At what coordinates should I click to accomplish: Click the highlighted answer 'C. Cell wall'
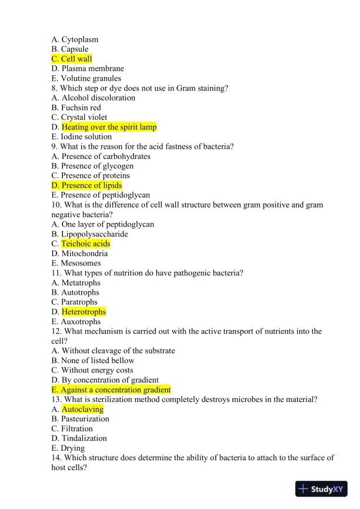tap(72, 59)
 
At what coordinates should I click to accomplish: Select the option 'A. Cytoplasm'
tap(75, 39)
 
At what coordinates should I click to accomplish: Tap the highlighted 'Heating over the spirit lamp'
tap(109, 127)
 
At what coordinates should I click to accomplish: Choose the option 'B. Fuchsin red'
tap(76, 108)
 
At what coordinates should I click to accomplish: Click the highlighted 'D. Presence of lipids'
tap(86, 185)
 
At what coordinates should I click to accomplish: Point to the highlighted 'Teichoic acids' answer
tap(86, 244)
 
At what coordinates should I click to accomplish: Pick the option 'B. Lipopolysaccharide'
tap(89, 234)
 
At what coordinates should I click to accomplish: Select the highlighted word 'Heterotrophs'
tap(84, 312)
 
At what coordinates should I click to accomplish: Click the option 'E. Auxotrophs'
tap(76, 322)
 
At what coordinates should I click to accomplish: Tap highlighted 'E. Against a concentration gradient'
tap(111, 390)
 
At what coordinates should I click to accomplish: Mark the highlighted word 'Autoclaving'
tap(83, 409)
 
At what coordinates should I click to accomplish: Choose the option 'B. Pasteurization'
tap(80, 419)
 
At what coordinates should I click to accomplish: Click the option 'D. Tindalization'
tap(79, 438)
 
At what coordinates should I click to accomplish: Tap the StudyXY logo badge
tap(321, 489)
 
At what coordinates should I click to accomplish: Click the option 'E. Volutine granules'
tap(86, 78)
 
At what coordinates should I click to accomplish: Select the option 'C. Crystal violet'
tap(79, 117)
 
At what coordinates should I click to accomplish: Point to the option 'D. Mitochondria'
tap(79, 254)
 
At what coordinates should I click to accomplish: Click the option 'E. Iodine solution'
tap(81, 137)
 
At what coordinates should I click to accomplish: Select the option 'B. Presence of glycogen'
tap(92, 166)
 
